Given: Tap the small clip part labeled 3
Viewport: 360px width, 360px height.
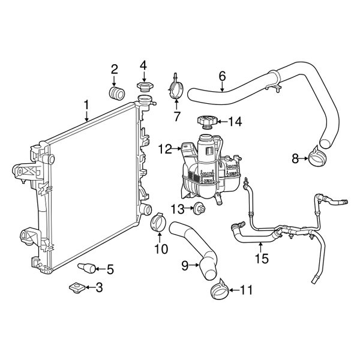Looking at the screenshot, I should (77, 288).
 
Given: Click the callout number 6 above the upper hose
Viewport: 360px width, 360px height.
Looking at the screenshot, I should (222, 76).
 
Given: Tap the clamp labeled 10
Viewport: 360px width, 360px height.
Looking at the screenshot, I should (158, 222).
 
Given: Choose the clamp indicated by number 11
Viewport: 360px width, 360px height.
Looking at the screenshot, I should (220, 291).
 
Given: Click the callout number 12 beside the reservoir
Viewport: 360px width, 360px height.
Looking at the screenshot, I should (164, 148).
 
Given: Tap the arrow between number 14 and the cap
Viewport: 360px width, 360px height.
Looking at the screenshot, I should (221, 122).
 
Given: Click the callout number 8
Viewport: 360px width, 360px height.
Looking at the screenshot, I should (295, 158).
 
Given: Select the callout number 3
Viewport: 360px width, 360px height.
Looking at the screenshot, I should (100, 288).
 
